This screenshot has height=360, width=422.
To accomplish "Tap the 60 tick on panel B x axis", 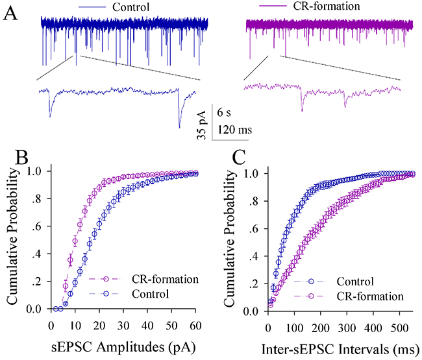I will coord(195,322).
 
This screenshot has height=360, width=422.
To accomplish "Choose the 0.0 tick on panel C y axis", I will coord(256,309).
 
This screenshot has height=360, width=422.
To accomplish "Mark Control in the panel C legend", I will coord(356,282).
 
